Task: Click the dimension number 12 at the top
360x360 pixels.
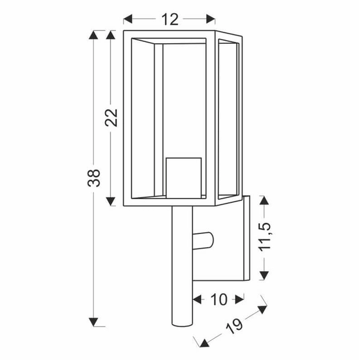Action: (x=170, y=19)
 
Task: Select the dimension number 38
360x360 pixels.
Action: (x=94, y=178)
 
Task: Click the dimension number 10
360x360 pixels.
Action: (x=218, y=298)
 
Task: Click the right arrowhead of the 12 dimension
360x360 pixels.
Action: (x=211, y=19)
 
